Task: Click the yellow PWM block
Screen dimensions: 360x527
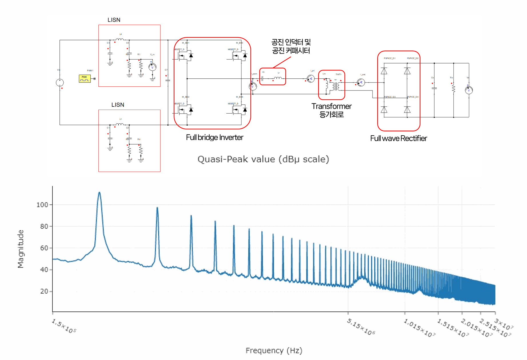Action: coord(84,78)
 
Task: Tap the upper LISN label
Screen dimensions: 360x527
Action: coord(114,20)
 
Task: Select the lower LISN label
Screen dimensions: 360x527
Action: coord(118,105)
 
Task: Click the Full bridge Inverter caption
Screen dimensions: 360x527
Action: coord(215,138)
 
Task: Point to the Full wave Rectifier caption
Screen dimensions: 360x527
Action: coord(399,139)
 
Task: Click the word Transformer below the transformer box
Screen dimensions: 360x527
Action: coord(331,106)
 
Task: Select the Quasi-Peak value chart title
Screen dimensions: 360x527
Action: coord(263,159)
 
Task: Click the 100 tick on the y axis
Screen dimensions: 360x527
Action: coord(42,205)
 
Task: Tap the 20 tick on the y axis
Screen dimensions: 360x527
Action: coord(44,291)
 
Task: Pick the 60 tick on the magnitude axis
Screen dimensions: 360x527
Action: coord(44,248)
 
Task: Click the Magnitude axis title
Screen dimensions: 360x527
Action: coord(21,249)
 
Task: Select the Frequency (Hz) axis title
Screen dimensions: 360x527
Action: coord(274,351)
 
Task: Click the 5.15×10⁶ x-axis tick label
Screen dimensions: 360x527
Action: coord(361,327)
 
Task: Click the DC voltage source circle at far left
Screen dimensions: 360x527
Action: coord(60,83)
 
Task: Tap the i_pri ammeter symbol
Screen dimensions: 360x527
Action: coord(311,78)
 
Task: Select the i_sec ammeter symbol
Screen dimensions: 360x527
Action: coord(361,83)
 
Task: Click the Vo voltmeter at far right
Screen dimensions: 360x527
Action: coord(469,90)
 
